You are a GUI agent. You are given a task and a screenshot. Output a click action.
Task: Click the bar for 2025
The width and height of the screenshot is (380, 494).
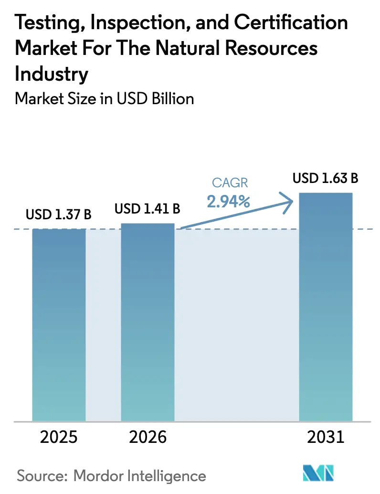(59, 325)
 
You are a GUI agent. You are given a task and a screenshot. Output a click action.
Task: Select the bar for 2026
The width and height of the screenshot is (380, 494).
(148, 322)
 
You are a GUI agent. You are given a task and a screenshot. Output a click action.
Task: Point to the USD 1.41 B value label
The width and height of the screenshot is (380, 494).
(148, 208)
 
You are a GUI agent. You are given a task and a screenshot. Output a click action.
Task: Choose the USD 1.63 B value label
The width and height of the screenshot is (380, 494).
(326, 179)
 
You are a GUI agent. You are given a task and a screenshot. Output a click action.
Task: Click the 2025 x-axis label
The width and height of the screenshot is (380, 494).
(59, 437)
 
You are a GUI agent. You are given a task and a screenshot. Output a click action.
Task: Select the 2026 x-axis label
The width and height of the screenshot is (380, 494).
(148, 437)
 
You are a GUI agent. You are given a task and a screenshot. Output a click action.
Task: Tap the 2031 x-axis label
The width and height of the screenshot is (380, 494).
(325, 437)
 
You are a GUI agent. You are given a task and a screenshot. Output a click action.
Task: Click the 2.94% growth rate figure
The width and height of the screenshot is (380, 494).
(229, 202)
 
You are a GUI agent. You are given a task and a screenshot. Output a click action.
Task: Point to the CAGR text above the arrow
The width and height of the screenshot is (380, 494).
(230, 183)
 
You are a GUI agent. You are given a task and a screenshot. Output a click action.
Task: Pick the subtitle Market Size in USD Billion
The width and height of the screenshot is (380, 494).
(105, 98)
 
